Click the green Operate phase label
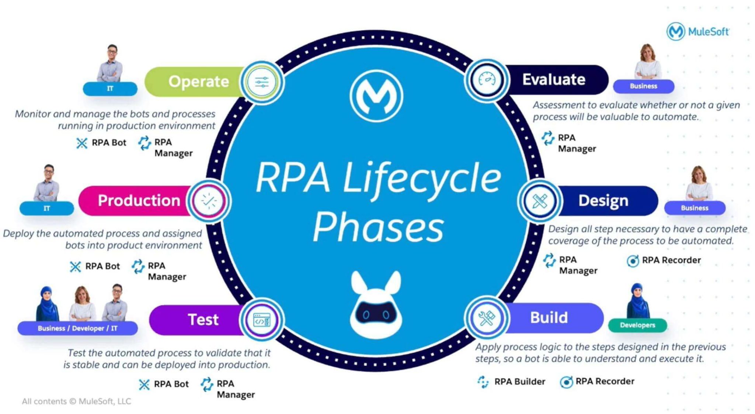(x=198, y=82)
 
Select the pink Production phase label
(x=139, y=201)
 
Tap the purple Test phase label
(x=203, y=320)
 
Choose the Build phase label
(x=549, y=318)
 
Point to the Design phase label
(x=603, y=201)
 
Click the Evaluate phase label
(x=553, y=80)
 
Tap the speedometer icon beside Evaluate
(x=487, y=80)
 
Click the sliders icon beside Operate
(x=262, y=82)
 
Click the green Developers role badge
(x=637, y=325)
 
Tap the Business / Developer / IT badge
(x=77, y=328)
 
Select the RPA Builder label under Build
(x=519, y=382)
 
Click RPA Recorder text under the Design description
(x=671, y=260)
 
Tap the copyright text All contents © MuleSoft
(x=76, y=401)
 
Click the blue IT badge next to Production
(x=46, y=208)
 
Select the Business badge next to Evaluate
(x=643, y=86)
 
